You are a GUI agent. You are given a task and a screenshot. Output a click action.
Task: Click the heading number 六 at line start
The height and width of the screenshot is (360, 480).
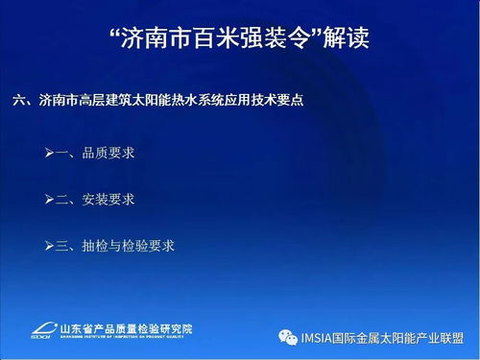coord(21,101)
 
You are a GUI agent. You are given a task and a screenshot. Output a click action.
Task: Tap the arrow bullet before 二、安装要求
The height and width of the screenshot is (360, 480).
coord(49,199)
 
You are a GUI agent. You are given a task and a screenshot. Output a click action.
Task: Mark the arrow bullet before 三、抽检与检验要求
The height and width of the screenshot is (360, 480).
coord(49,246)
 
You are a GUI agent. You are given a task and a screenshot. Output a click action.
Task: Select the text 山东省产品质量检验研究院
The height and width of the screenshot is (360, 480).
coord(125,327)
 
